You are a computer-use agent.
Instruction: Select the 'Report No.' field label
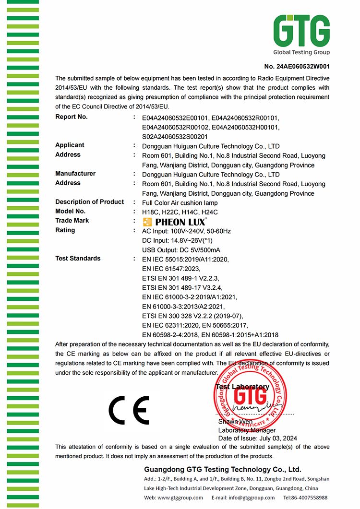pyautogui.click(x=72, y=117)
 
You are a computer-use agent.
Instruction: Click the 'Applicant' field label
pyautogui.click(x=70, y=145)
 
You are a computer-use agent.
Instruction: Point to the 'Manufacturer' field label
pyautogui.click(x=75, y=174)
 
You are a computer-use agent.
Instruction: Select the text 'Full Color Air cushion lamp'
pyautogui.click(x=180, y=202)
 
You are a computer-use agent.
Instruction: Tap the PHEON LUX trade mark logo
pyautogui.click(x=175, y=222)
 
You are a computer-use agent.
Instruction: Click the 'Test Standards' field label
pyautogui.click(x=78, y=259)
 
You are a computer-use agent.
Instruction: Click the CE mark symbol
pyautogui.click(x=129, y=409)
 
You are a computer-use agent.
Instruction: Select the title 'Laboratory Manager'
pyautogui.click(x=247, y=430)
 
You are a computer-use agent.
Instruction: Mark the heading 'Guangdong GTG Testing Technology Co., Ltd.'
pyautogui.click(x=222, y=470)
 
